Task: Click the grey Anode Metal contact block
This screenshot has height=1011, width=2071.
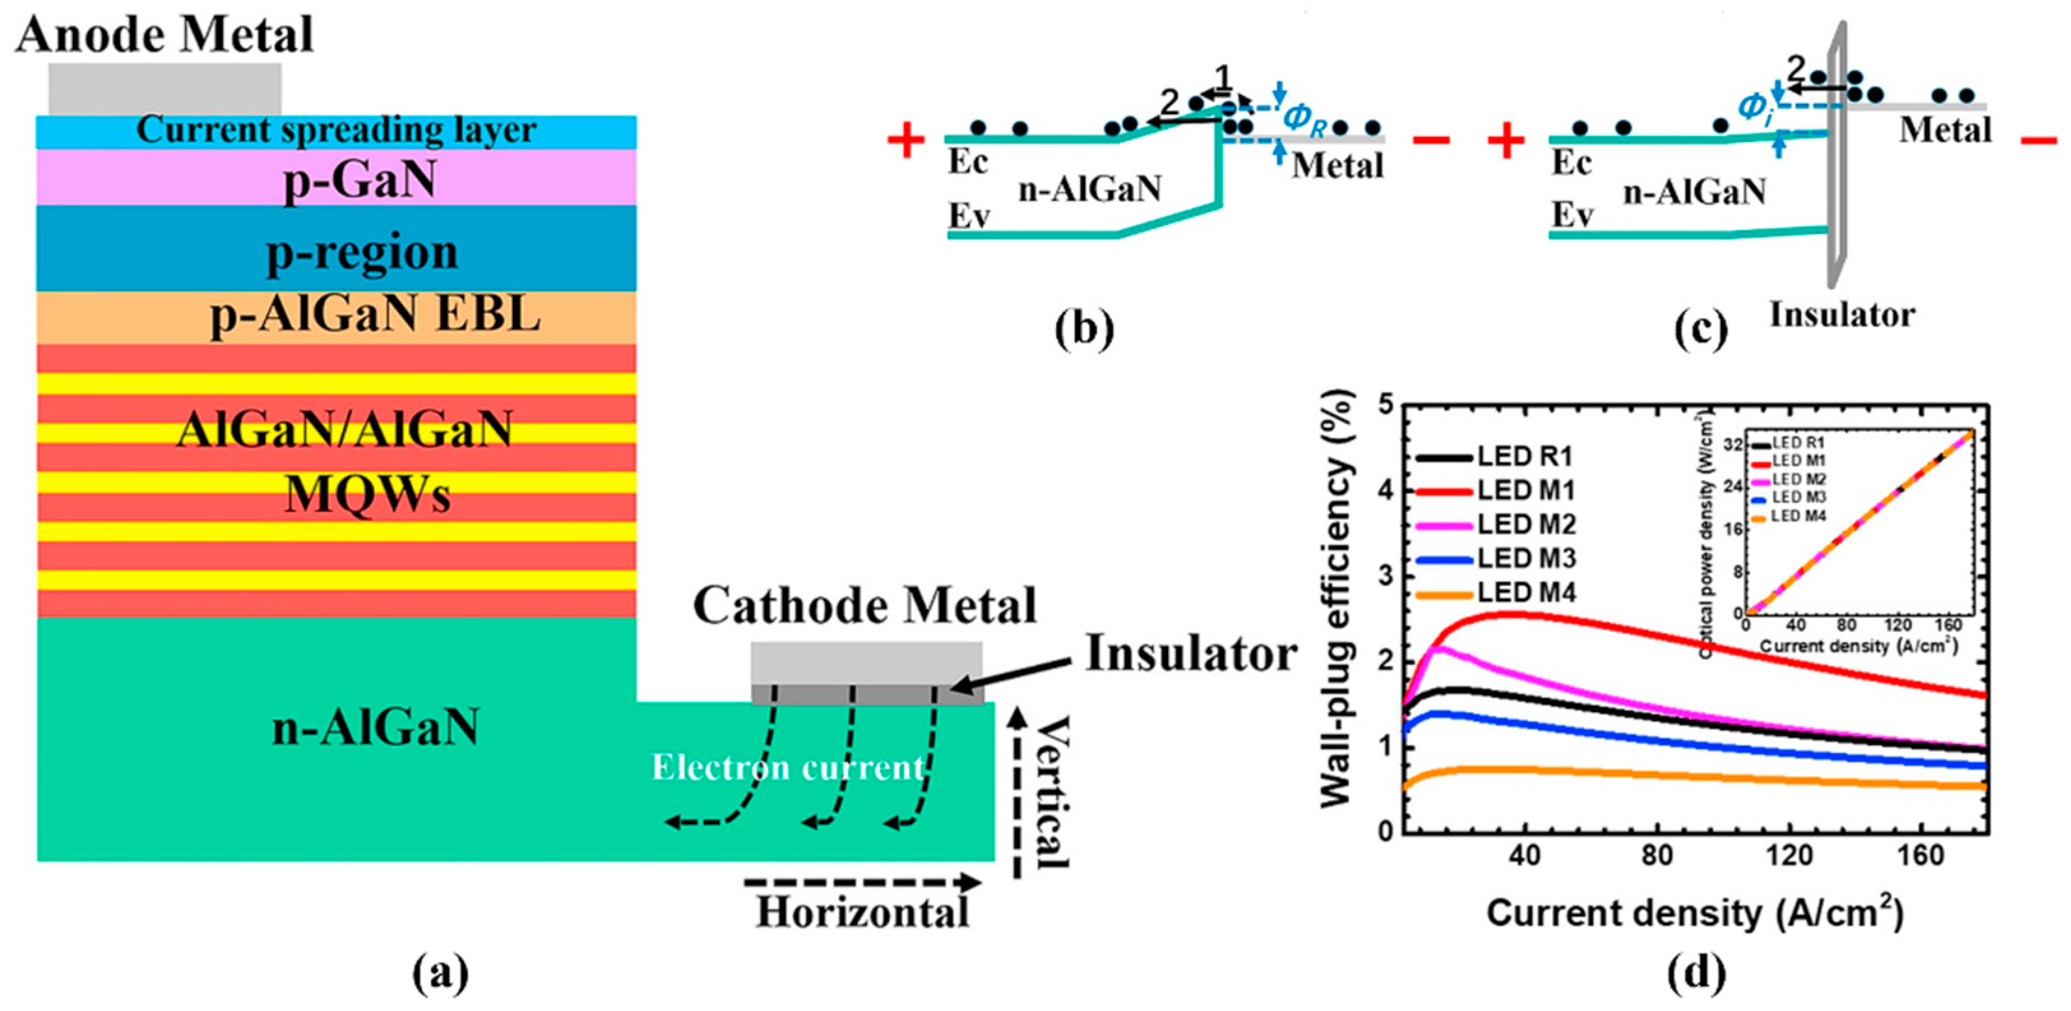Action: (x=165, y=89)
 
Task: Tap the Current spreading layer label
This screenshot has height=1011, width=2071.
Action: (x=336, y=131)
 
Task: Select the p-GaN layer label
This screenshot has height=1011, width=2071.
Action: (x=360, y=180)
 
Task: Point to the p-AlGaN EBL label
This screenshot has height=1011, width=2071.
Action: (x=375, y=316)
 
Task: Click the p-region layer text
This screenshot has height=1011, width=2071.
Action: (x=362, y=252)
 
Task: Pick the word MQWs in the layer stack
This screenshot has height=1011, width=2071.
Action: (x=367, y=494)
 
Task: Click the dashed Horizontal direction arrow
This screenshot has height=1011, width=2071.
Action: (x=862, y=882)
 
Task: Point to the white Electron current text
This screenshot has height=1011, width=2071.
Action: (x=788, y=767)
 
